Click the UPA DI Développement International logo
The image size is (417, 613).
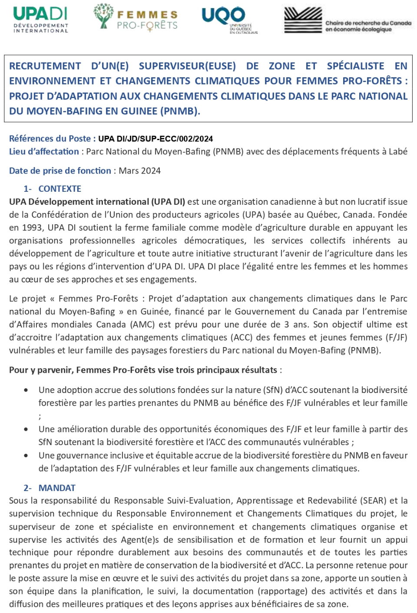pyautogui.click(x=40, y=20)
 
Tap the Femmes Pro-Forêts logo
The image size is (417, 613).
pyautogui.click(x=136, y=18)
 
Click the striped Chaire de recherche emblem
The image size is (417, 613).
pyautogui.click(x=303, y=20)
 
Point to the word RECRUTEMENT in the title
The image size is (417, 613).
pyautogui.click(x=45, y=66)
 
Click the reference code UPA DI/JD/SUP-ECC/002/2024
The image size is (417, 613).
pyautogui.click(x=156, y=139)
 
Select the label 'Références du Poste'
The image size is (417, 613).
pyautogui.click(x=50, y=139)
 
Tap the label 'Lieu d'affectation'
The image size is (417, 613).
pyautogui.click(x=44, y=152)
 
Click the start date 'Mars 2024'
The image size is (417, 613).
pyautogui.click(x=139, y=171)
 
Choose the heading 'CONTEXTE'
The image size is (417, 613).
pyautogui.click(x=60, y=189)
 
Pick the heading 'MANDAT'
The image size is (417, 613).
pyautogui.click(x=57, y=488)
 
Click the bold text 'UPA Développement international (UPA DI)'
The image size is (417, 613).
pyautogui.click(x=97, y=202)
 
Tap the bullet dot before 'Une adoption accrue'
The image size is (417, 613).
pyautogui.click(x=26, y=390)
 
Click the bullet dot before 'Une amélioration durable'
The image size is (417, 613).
pyautogui.click(x=26, y=429)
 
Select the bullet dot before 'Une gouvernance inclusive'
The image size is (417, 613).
pyautogui.click(x=26, y=456)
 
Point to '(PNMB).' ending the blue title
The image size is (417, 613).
pyautogui.click(x=180, y=111)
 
